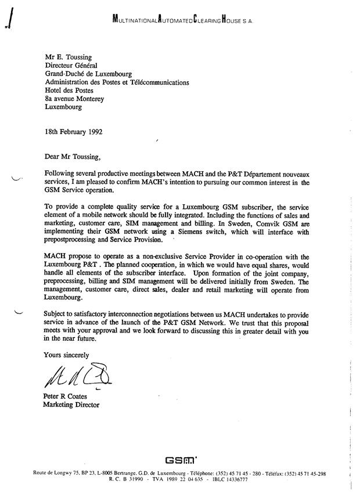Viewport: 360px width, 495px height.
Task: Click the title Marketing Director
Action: pyautogui.click(x=71, y=405)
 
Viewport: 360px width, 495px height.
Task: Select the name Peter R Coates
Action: pyautogui.click(x=66, y=396)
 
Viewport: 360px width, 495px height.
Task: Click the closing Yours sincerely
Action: pyautogui.click(x=67, y=354)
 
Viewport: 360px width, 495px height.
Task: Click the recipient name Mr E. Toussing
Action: pyautogui.click(x=68, y=58)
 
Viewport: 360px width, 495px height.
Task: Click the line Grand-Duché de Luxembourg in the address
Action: pyautogui.click(x=88, y=74)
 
